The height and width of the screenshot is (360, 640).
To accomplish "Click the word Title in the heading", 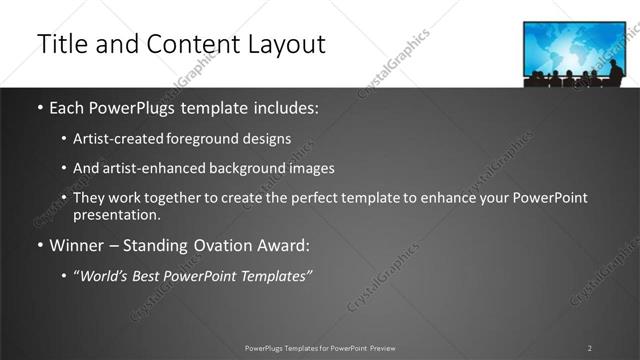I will coord(59,44).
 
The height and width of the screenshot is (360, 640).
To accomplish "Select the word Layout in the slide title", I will coord(279,44).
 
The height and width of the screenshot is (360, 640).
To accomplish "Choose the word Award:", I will coord(286,245).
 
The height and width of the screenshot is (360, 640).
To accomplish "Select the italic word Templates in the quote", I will coord(273,275).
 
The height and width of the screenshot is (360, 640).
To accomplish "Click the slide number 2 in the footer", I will coord(590,348).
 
